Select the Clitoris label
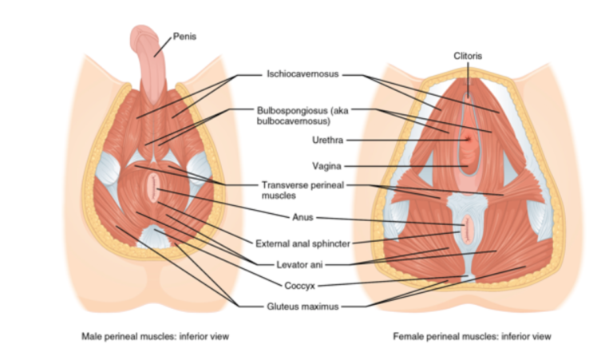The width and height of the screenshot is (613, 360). tap(468, 55)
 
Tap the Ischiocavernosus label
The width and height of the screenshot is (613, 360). tap(303, 74)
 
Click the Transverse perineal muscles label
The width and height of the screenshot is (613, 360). tap(300, 189)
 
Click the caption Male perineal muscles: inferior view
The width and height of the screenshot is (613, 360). tap(156, 336)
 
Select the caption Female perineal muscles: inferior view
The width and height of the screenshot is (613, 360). tap(472, 336)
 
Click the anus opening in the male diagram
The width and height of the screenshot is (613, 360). tap(153, 190)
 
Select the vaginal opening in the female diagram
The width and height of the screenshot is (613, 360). tap(469, 164)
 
